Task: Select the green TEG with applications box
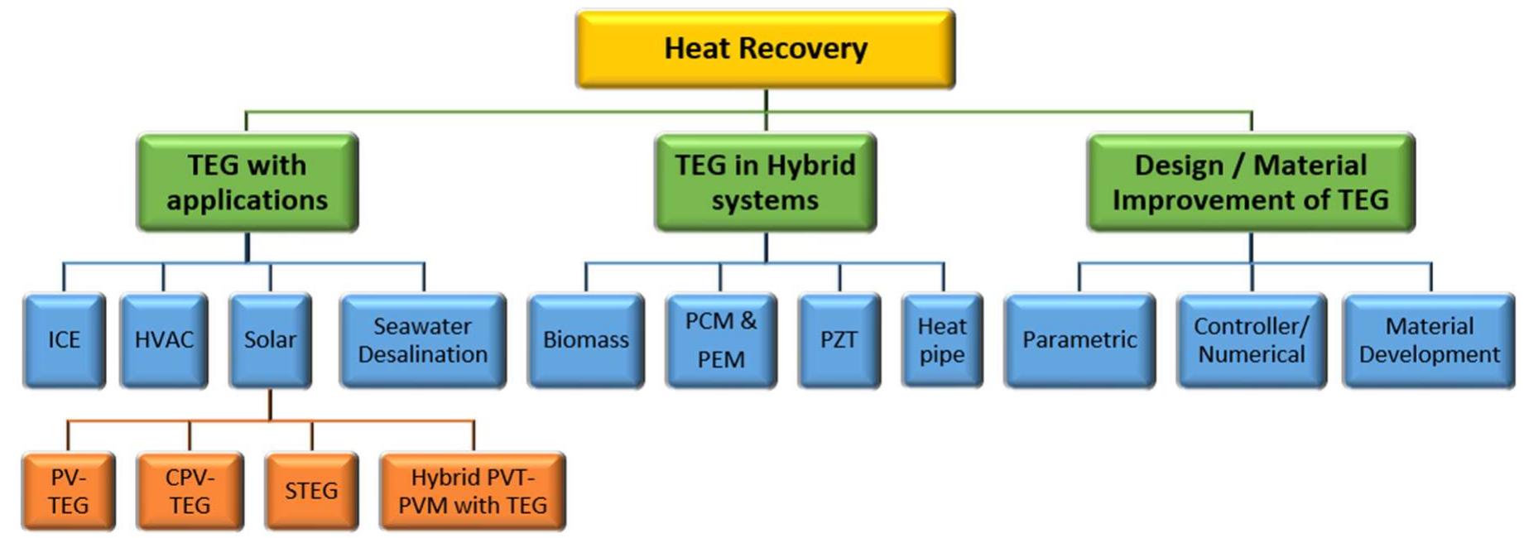(247, 182)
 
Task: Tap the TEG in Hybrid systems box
(765, 182)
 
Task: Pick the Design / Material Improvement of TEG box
(1250, 182)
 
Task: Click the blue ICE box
(64, 340)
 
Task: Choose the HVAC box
(163, 340)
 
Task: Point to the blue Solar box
(270, 340)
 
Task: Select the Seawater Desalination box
(422, 340)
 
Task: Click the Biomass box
(585, 340)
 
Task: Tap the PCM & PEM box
(720, 340)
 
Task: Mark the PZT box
(839, 340)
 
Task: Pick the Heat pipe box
(942, 340)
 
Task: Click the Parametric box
(1079, 340)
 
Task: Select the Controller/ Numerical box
(1251, 340)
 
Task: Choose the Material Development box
(1429, 340)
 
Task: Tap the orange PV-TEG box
(68, 491)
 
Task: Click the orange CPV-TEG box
(190, 491)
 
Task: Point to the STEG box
(311, 491)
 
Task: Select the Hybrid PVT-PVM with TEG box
(472, 491)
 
